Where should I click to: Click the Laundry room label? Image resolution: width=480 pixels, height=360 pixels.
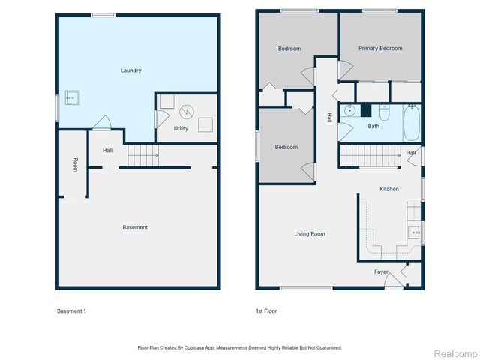click(x=131, y=70)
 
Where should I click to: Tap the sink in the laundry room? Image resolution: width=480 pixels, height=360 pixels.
click(x=73, y=97)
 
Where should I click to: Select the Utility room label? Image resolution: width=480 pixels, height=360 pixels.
click(x=181, y=129)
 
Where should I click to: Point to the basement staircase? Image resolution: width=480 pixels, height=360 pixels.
click(x=142, y=156)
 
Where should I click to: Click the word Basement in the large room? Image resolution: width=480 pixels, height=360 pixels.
click(x=136, y=227)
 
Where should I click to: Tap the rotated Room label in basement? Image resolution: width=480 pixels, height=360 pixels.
click(x=76, y=165)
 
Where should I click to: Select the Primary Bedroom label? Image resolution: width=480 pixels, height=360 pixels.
click(x=379, y=49)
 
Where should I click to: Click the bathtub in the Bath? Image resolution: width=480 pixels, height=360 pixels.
click(x=412, y=124)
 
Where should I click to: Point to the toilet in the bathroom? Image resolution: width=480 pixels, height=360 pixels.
click(x=385, y=113)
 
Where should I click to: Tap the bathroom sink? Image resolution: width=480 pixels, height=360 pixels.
click(x=350, y=112)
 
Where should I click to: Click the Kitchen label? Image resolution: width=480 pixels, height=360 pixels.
click(x=388, y=189)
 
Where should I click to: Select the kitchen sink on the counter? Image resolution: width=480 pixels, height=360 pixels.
click(x=413, y=232)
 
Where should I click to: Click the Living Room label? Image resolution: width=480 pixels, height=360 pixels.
click(x=309, y=234)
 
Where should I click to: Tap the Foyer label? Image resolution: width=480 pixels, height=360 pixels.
click(x=381, y=271)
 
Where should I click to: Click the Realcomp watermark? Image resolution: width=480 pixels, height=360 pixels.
click(x=456, y=352)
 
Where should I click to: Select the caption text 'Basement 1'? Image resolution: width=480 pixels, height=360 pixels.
click(x=71, y=310)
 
